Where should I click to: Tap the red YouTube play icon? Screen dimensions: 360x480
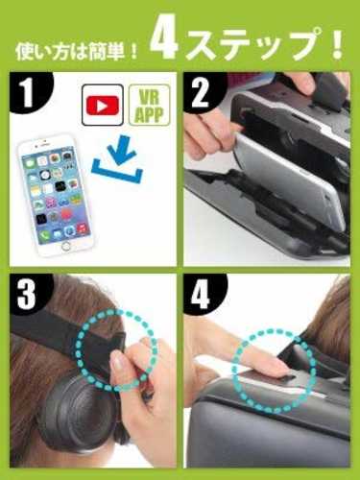[103, 105]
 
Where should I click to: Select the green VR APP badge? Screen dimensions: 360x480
[149, 105]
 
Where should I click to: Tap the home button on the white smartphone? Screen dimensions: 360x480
[66, 246]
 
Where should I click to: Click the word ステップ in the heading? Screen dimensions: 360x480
[252, 42]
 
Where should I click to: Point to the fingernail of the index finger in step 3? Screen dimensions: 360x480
[117, 365]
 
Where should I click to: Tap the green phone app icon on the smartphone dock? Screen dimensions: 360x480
[45, 236]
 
